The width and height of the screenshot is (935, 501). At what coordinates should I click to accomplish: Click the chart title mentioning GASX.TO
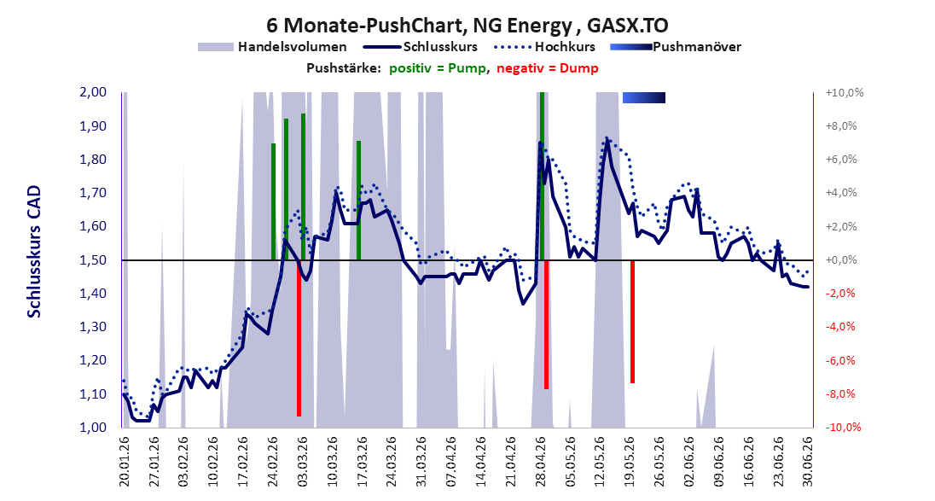tap(467, 25)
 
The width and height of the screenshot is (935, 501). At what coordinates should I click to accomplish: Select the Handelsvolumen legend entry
tap(272, 47)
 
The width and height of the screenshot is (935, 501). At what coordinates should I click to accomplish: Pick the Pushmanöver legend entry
tap(677, 47)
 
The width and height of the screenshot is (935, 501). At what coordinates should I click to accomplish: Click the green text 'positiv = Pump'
tap(437, 68)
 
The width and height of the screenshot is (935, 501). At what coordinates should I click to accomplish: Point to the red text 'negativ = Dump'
tap(548, 68)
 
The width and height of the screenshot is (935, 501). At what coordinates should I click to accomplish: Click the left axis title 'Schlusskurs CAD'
tap(34, 251)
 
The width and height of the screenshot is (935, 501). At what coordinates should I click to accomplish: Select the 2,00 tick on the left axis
tap(92, 92)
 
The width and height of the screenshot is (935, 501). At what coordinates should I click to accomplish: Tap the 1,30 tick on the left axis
tap(92, 327)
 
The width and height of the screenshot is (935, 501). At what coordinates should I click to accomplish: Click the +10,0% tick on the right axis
tap(845, 92)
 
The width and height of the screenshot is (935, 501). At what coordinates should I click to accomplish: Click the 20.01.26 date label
tap(125, 462)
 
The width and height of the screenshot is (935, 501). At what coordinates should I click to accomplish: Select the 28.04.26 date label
tap(541, 462)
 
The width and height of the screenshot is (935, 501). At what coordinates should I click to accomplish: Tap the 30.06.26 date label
tap(808, 462)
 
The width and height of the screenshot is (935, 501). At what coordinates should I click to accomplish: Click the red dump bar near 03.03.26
tap(299, 338)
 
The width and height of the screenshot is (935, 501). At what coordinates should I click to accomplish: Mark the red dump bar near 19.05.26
tap(633, 322)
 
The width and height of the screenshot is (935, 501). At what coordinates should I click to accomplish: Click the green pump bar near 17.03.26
tap(358, 201)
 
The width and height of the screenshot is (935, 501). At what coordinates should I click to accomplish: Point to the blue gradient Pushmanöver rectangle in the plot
tap(644, 98)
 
